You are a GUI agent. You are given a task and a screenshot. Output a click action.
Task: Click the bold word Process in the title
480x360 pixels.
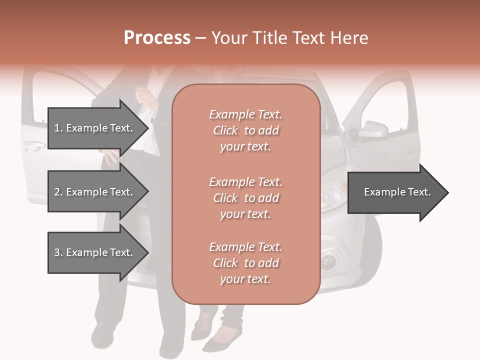click(x=157, y=38)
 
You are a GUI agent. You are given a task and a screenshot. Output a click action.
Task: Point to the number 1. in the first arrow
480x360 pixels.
click(x=58, y=128)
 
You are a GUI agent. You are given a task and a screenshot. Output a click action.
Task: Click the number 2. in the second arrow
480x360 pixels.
click(x=58, y=192)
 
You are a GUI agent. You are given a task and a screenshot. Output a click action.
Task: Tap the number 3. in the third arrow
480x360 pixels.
click(x=58, y=252)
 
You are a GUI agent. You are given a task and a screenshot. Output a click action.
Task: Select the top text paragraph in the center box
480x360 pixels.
click(x=245, y=130)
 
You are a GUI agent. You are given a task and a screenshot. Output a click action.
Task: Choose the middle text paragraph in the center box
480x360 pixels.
click(x=245, y=198)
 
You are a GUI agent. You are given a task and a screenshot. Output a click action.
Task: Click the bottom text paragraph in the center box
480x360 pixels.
click(x=245, y=263)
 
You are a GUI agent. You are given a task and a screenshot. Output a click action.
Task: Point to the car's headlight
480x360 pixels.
click(x=332, y=188)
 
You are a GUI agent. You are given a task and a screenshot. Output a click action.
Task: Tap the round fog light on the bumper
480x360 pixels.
click(x=329, y=260)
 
